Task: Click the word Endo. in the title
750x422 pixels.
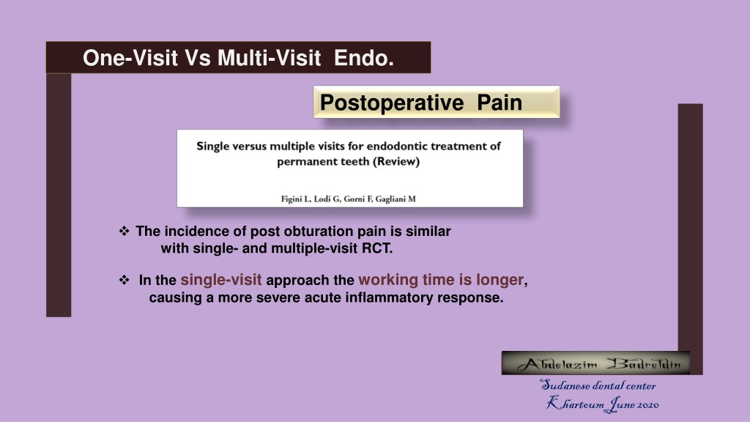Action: (x=364, y=58)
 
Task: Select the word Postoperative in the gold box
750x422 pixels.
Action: (x=392, y=103)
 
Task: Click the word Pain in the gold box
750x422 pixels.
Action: (x=500, y=103)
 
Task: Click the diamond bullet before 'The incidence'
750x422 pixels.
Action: (x=125, y=231)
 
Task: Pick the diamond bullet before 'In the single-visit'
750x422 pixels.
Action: (x=125, y=280)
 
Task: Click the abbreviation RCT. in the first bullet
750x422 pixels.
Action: (x=377, y=249)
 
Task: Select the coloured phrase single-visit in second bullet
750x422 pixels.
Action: (x=221, y=279)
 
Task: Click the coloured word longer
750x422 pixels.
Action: (x=500, y=280)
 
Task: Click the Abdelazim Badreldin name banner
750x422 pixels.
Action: (x=595, y=363)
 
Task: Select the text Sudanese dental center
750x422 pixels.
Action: (x=598, y=385)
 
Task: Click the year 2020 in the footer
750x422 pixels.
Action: (x=648, y=405)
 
